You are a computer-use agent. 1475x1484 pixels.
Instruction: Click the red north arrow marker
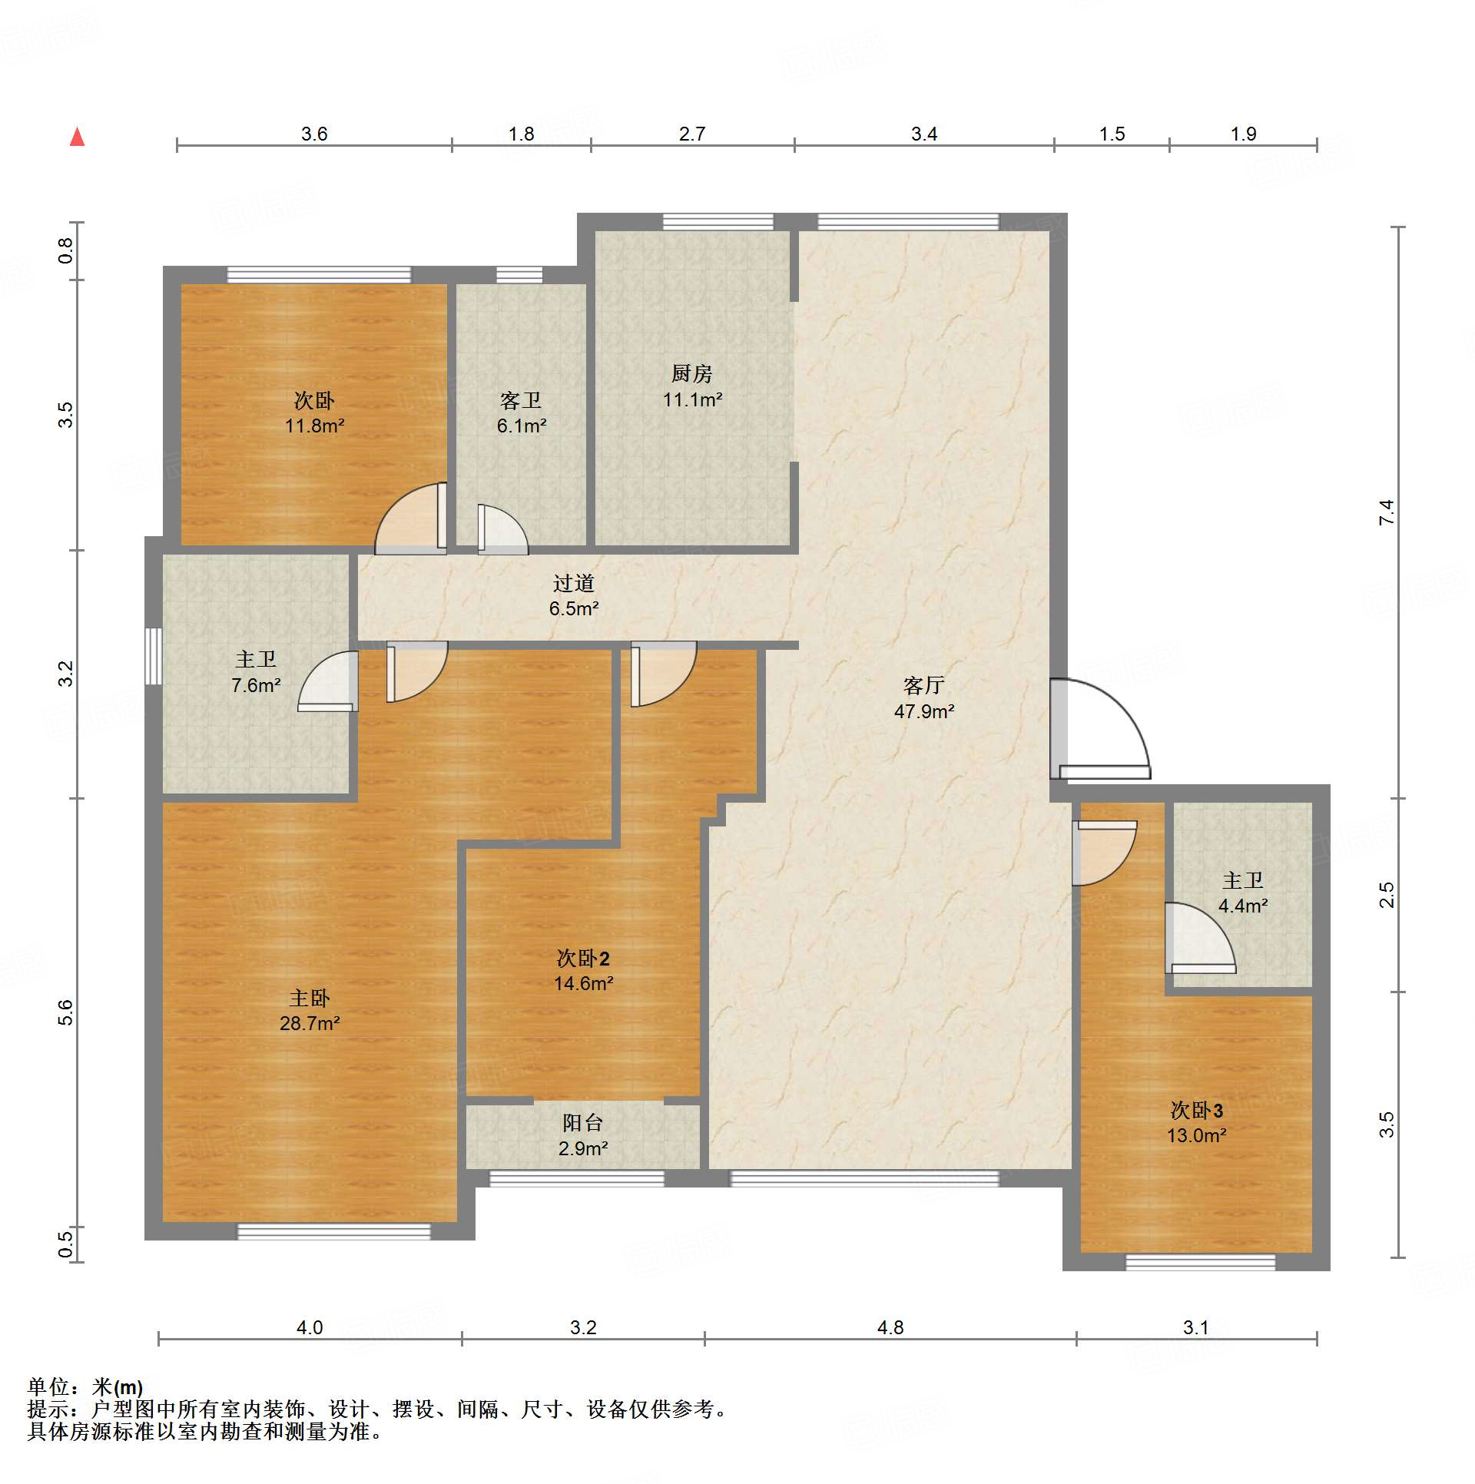click(77, 137)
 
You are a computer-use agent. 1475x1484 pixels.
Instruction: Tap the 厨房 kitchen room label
click(691, 373)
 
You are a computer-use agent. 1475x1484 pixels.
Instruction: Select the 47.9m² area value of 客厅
click(924, 711)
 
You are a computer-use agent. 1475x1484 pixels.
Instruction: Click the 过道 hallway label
click(574, 583)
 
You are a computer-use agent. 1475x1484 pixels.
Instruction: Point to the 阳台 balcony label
click(582, 1122)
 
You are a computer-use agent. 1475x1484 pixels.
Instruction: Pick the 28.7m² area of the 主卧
click(310, 1023)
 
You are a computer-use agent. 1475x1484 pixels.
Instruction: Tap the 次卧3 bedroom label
click(1196, 1110)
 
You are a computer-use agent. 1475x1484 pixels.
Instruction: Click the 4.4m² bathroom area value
click(1243, 906)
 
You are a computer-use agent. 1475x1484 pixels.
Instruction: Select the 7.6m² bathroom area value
click(256, 685)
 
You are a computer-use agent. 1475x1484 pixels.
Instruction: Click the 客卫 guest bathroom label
click(521, 400)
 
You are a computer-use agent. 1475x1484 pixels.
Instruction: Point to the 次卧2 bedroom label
click(583, 958)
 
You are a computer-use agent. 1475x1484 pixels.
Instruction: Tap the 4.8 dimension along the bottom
click(890, 1327)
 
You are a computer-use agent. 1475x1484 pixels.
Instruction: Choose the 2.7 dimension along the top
click(691, 134)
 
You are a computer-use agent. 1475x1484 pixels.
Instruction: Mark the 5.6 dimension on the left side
click(66, 1012)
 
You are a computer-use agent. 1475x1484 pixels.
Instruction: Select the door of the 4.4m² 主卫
click(1200, 938)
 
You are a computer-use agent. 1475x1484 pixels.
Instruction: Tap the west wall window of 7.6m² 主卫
click(154, 656)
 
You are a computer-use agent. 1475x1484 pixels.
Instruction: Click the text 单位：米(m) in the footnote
click(85, 1386)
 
